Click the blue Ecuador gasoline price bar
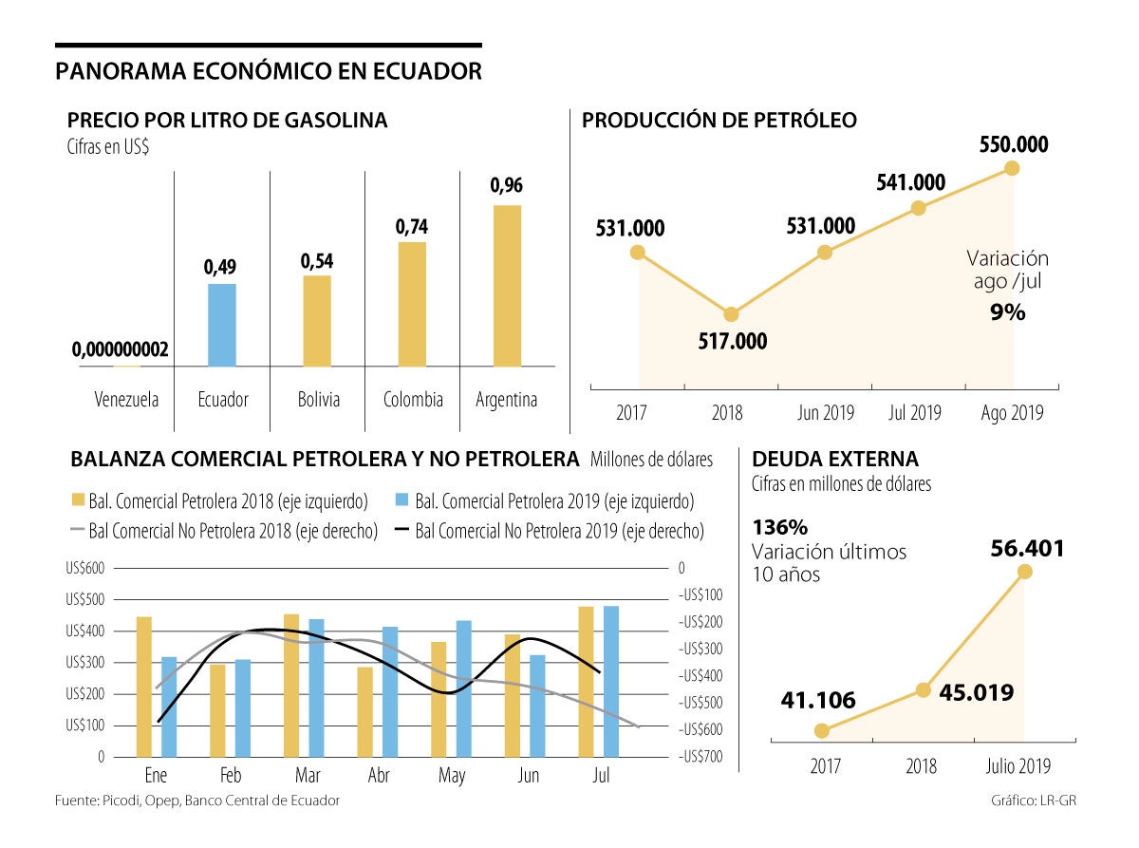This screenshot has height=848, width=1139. pos(222,325)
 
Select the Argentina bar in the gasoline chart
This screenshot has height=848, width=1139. pos(507,285)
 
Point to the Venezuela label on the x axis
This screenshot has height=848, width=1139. pos(126,399)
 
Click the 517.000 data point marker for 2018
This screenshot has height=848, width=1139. pos(731,314)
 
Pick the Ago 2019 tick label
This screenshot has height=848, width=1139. pos(1012,413)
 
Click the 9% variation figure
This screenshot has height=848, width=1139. pos(1007,312)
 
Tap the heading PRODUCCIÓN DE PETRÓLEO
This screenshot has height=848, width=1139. pos(719,121)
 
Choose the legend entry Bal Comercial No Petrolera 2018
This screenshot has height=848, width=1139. pos(223,530)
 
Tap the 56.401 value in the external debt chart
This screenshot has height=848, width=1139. pos(1027,548)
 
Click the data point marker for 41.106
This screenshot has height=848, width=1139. pos(822,730)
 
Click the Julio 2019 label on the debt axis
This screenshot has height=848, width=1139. pos(1018,766)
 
